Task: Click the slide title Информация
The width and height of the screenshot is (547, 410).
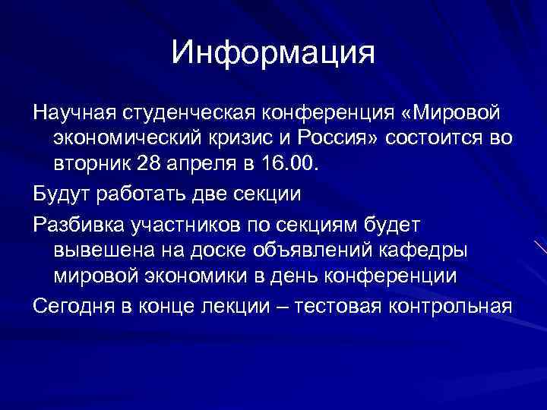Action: [x=273, y=52]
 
